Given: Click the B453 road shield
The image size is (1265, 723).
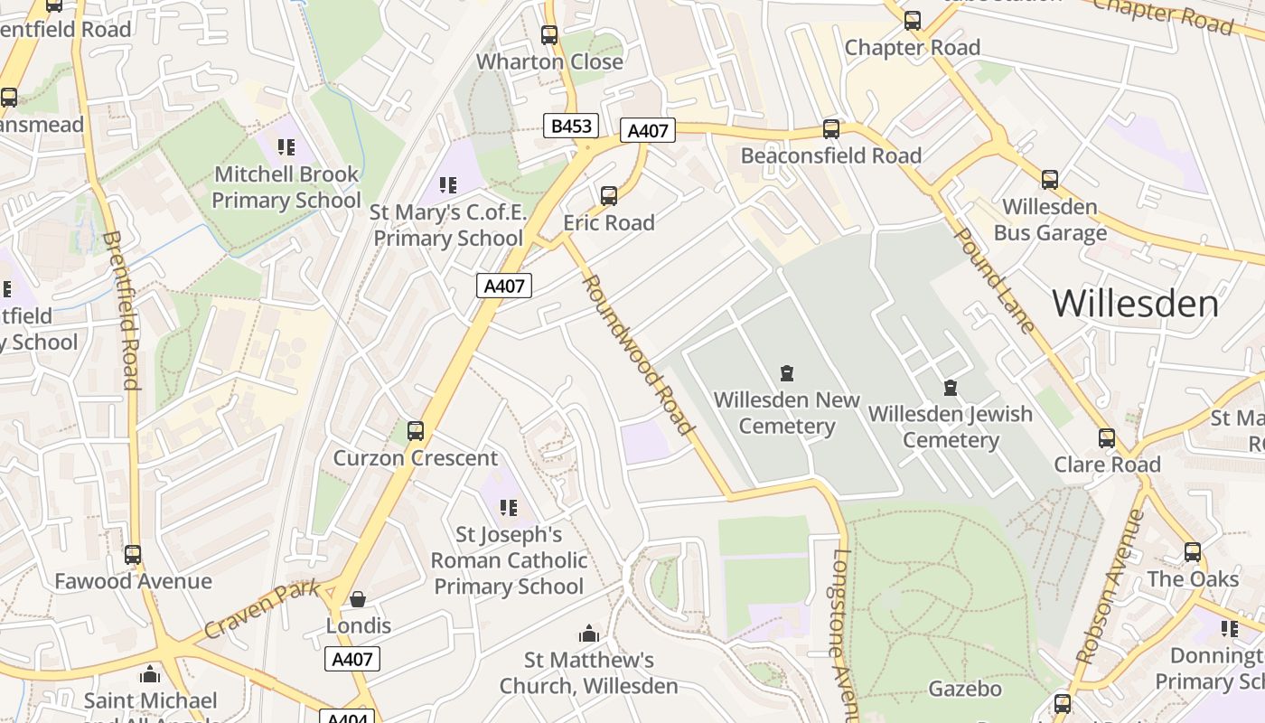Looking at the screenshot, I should (571, 126).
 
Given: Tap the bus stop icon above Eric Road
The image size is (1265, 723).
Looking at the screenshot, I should (609, 195).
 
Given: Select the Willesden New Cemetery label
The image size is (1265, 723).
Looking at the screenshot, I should (786, 413).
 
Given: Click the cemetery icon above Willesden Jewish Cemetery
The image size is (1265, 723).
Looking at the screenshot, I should (950, 388).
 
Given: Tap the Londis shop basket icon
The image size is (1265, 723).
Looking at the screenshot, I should (358, 599).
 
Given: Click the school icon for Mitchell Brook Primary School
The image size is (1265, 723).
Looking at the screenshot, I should (286, 147).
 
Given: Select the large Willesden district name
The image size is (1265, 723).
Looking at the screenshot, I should (1135, 304).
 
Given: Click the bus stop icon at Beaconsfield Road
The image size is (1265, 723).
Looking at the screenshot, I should (831, 129).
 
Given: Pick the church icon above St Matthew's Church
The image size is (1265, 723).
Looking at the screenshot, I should (589, 634).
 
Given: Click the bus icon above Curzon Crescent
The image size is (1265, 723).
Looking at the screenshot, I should (416, 431).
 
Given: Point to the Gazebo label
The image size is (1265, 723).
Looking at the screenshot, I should (965, 689).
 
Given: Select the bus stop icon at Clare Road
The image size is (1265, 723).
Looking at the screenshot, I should (1107, 438).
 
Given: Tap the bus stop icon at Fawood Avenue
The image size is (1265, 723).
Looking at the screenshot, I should (133, 554).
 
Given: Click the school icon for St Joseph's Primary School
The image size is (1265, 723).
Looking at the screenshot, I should (509, 508).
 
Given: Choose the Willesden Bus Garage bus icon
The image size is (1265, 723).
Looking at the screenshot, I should (1049, 180).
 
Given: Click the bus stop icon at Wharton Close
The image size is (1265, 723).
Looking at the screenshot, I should (549, 35).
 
